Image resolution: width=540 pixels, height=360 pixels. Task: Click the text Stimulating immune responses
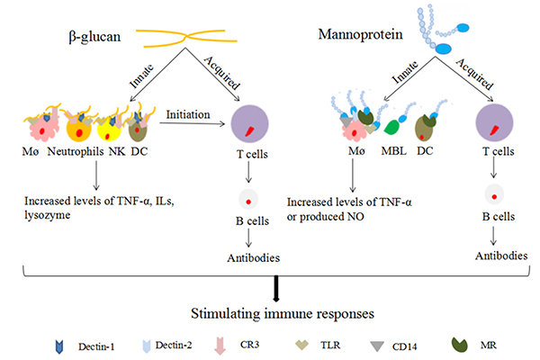[x=270, y=314]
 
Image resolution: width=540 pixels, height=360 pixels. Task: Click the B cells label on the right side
[x=493, y=216]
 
